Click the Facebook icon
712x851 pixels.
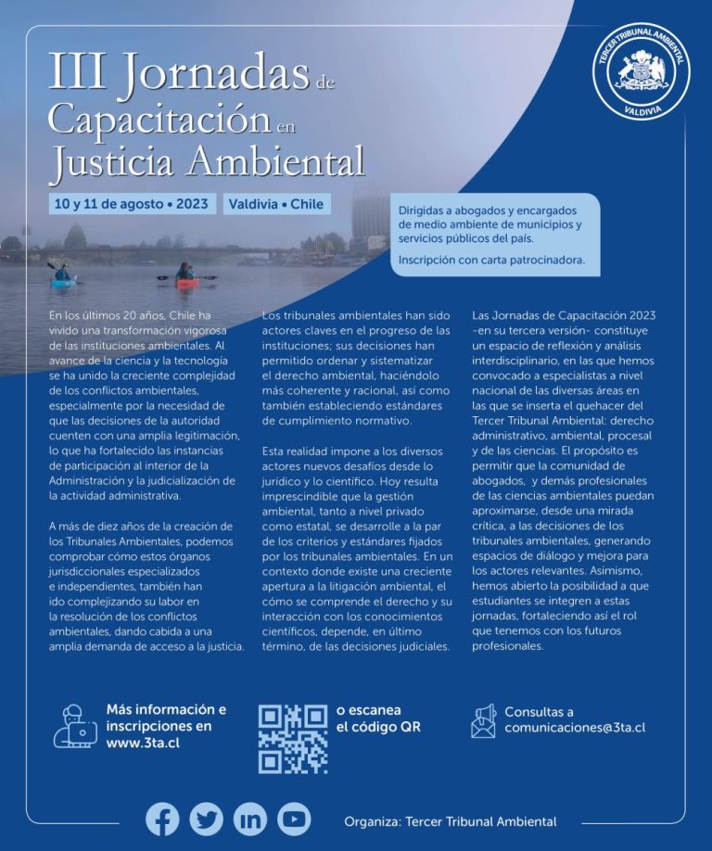coord(162,819)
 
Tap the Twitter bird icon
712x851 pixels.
coord(206,819)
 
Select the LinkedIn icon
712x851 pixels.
coord(249,819)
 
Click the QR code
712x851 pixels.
coord(293,739)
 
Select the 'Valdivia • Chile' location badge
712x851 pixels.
coord(276,203)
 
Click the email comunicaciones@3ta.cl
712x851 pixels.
coord(575,728)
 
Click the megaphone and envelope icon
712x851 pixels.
coord(483,720)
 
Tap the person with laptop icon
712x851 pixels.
coord(74,726)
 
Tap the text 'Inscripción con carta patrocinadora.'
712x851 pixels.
coord(492,260)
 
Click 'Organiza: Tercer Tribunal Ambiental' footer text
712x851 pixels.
coord(450,821)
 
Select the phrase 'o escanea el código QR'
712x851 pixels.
coord(378,719)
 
